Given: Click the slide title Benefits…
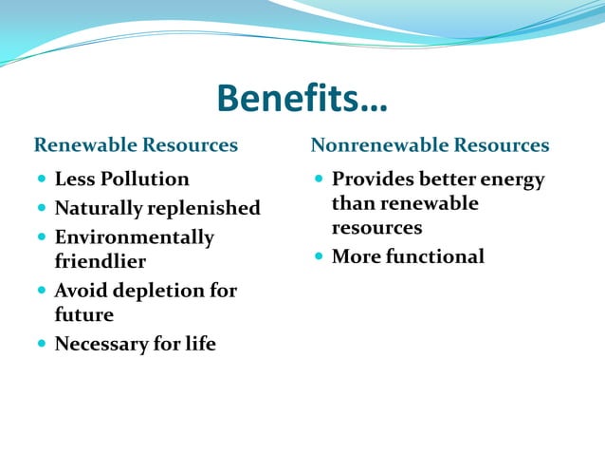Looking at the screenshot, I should coord(302,98).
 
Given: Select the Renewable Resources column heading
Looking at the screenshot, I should coord(136,145).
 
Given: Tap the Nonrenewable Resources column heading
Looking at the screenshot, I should coord(430,145).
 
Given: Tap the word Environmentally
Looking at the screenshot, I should coord(134,237).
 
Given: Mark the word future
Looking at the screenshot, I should coord(83,314).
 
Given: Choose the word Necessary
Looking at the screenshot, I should coord(96,344).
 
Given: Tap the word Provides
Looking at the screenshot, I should coord(371,180).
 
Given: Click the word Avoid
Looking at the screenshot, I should coord(79,291).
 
